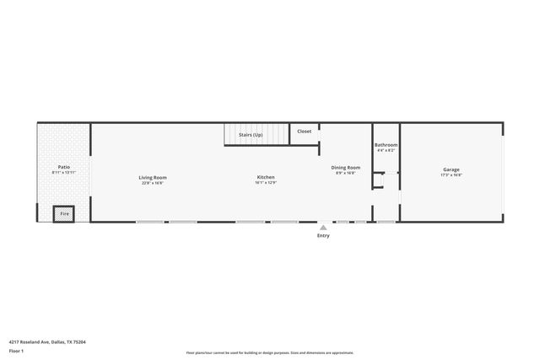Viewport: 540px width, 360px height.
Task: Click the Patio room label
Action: point(63,167)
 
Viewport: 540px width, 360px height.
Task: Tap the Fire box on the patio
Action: point(64,215)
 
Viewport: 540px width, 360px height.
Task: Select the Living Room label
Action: point(154,177)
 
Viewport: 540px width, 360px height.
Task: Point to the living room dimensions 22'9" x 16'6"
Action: point(154,182)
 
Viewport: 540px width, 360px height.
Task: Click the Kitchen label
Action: point(266,177)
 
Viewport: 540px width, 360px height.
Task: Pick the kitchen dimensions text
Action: point(266,182)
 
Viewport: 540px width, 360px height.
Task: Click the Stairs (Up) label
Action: point(251,135)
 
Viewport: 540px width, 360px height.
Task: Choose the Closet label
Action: point(304,132)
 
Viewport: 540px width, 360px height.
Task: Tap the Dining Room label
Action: point(345,167)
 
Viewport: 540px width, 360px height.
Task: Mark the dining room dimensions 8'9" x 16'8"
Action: point(345,173)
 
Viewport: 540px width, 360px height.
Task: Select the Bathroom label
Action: point(386,145)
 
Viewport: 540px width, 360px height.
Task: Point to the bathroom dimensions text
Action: point(386,151)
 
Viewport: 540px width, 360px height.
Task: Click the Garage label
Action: point(451,169)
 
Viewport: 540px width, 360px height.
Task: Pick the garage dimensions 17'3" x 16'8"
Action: point(451,175)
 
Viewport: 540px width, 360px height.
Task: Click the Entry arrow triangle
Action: point(323,228)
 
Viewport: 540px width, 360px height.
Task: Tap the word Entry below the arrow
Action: point(323,235)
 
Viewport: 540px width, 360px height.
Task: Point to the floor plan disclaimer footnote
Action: point(269,353)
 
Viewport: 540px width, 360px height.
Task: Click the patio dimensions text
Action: point(63,173)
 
